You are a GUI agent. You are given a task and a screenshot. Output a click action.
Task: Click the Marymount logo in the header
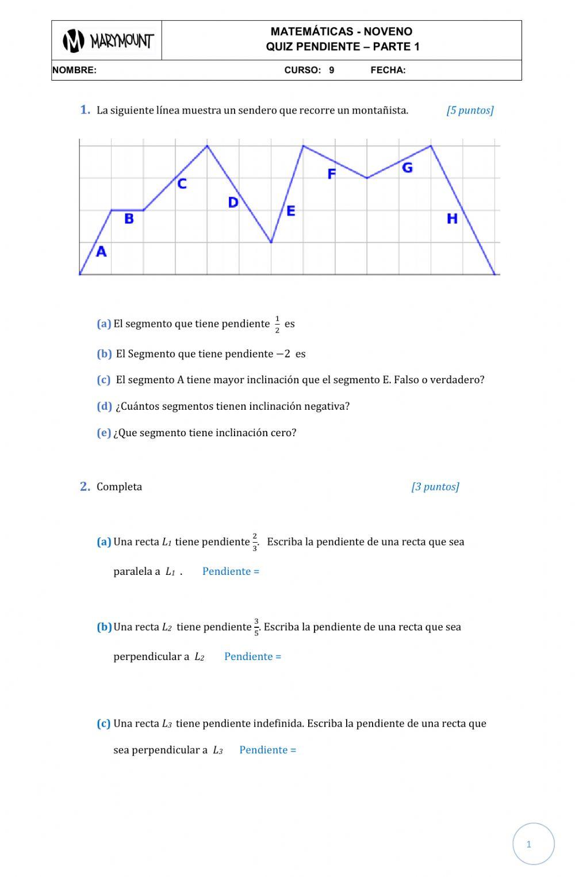pyautogui.click(x=108, y=41)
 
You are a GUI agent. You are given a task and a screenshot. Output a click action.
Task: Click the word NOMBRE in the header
pyautogui.click(x=74, y=71)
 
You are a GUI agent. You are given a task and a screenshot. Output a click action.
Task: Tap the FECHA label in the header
pyautogui.click(x=388, y=71)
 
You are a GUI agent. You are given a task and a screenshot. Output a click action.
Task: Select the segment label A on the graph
pyautogui.click(x=101, y=251)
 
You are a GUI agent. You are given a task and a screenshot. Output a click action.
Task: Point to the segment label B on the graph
pyautogui.click(x=129, y=219)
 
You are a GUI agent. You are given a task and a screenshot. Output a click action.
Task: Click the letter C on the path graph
pyautogui.click(x=182, y=184)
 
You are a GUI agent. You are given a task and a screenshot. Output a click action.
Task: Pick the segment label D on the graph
pyautogui.click(x=233, y=203)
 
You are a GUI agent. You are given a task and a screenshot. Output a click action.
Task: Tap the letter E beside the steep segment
pyautogui.click(x=290, y=211)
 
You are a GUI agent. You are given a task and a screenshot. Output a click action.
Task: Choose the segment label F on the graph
pyautogui.click(x=331, y=174)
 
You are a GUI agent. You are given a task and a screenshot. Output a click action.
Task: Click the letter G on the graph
pyautogui.click(x=407, y=168)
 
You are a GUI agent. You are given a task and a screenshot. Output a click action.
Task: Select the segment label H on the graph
pyautogui.click(x=452, y=219)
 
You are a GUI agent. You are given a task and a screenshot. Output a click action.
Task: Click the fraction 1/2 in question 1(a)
pyautogui.click(x=277, y=324)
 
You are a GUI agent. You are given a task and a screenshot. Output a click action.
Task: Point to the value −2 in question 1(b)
pyautogui.click(x=283, y=354)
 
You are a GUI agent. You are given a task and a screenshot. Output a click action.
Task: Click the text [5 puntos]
pyautogui.click(x=470, y=110)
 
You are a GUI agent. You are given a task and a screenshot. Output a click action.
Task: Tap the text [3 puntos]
pyautogui.click(x=435, y=487)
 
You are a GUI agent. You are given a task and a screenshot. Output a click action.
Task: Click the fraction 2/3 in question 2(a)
pyautogui.click(x=255, y=542)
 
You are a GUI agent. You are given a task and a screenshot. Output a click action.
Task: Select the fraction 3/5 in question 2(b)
pyautogui.click(x=256, y=627)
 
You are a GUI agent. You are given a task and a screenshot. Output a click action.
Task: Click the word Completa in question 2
pyautogui.click(x=119, y=487)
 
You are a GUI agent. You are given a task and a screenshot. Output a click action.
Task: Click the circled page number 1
pyautogui.click(x=529, y=844)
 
